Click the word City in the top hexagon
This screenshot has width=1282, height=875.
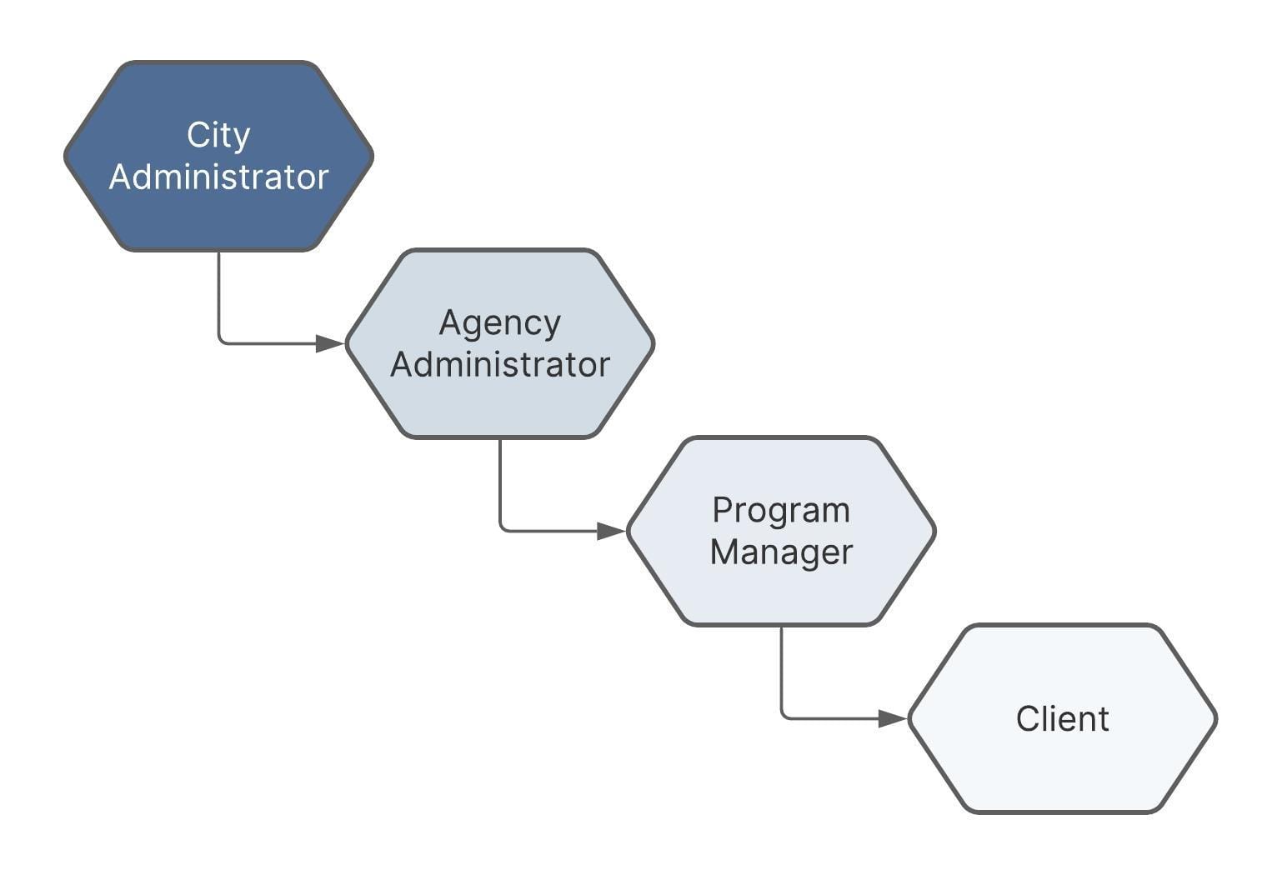(218, 136)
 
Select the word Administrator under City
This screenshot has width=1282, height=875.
(218, 177)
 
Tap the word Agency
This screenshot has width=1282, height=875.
(499, 324)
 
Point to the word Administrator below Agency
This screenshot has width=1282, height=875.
(499, 364)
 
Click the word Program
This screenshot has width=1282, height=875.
(781, 511)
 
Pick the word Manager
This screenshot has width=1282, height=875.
(781, 552)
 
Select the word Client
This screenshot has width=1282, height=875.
(1063, 719)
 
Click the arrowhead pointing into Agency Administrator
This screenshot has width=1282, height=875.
(330, 344)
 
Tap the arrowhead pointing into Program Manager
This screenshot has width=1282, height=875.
(612, 531)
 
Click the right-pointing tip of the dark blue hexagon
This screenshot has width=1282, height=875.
(373, 156)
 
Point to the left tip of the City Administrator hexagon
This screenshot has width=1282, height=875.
(65, 156)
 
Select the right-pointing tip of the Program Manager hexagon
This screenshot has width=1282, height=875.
(935, 531)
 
